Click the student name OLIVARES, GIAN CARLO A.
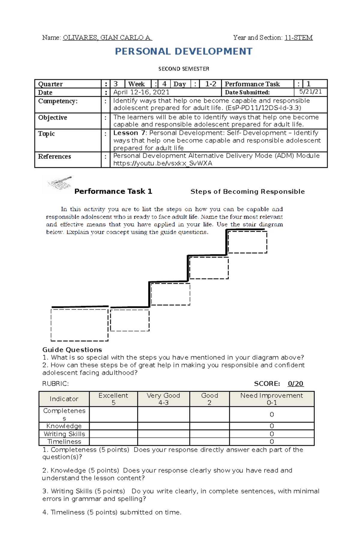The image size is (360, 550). (x=107, y=38)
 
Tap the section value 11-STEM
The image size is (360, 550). (x=298, y=38)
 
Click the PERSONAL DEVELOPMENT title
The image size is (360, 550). (x=184, y=52)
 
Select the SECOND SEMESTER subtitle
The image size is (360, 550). (x=184, y=69)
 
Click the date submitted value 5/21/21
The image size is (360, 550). (x=310, y=92)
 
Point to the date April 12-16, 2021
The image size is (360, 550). (x=141, y=92)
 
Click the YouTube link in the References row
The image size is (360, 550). (x=163, y=163)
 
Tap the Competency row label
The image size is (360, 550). (x=58, y=101)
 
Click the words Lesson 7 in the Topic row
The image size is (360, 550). (x=129, y=133)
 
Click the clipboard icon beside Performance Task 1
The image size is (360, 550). (x=58, y=184)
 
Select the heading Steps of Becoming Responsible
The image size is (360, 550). (x=247, y=192)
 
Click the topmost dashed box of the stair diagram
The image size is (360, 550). (x=247, y=242)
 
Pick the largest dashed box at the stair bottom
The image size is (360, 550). (x=79, y=325)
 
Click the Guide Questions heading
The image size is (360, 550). (x=72, y=350)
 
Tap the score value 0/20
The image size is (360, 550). (x=295, y=384)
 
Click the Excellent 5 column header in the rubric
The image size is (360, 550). (x=113, y=399)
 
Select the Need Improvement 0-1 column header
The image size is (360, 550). (x=271, y=399)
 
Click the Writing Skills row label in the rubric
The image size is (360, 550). (x=64, y=434)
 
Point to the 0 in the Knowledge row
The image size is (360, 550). (x=271, y=426)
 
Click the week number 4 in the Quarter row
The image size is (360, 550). (x=164, y=84)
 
